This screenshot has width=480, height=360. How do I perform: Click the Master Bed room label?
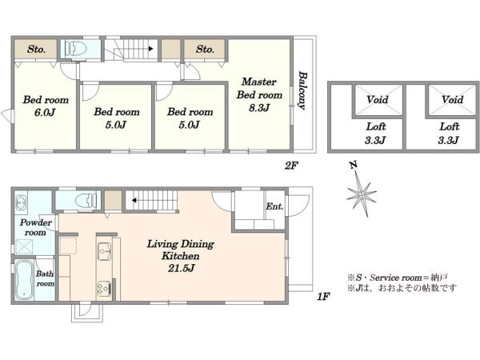[259, 89]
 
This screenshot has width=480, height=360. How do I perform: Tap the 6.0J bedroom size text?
[45, 113]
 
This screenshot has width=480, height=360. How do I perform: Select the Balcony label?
[302, 90]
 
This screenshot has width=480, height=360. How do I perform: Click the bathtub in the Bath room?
[23, 280]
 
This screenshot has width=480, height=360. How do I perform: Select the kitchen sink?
[104, 251]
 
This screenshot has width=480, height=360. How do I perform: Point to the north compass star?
[362, 194]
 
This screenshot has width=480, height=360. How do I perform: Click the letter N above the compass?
[354, 166]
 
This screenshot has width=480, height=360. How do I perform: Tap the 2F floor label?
[291, 166]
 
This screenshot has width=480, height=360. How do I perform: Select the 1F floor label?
[323, 296]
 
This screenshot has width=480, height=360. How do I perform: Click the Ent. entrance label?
[274, 206]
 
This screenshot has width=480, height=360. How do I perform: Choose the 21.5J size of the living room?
[181, 269]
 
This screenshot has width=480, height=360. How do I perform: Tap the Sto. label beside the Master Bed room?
[205, 49]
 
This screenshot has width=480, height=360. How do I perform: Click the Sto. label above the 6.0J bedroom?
[37, 49]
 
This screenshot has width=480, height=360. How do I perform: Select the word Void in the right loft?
[452, 99]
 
